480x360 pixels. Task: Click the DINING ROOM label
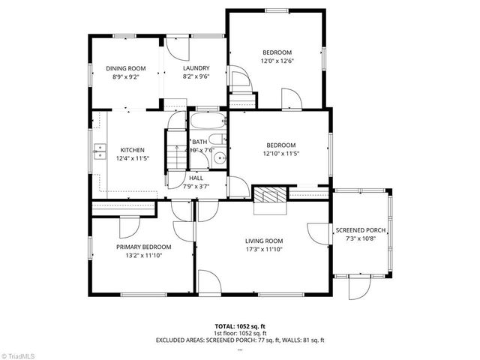(x=125, y=68)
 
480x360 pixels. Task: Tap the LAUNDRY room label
(x=195, y=68)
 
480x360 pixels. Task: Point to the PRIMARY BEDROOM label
(x=143, y=247)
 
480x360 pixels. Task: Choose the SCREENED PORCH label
(x=360, y=230)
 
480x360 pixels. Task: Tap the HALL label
(x=196, y=178)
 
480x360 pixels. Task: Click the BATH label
(x=199, y=142)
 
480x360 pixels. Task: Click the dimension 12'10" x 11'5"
(x=281, y=153)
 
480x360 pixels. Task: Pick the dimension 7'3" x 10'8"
(x=360, y=238)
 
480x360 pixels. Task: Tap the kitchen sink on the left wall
(x=98, y=152)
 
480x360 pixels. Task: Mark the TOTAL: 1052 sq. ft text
(x=240, y=326)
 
